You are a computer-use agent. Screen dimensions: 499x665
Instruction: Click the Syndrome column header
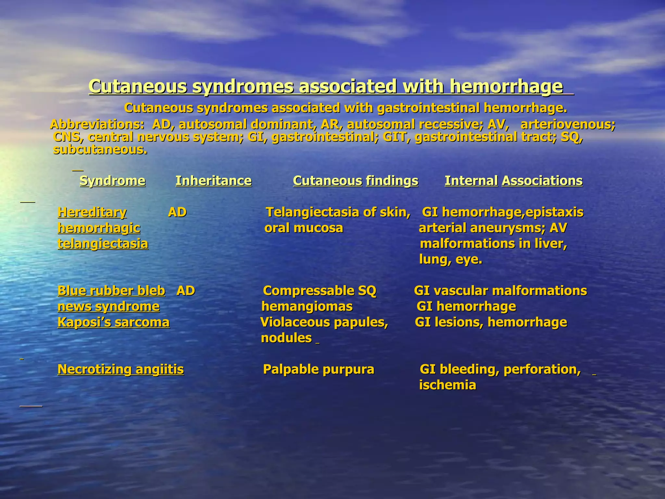coord(112,181)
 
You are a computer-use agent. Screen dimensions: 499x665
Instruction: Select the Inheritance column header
coord(213,181)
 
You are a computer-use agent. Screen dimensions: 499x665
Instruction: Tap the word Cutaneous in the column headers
coord(327,181)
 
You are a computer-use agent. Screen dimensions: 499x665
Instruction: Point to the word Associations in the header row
coord(542,181)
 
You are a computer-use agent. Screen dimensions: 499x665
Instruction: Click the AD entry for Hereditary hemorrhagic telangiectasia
coord(177,212)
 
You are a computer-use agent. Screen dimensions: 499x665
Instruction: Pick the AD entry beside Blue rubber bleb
coord(186,291)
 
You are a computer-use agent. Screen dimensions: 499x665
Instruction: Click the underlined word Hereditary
coord(92,212)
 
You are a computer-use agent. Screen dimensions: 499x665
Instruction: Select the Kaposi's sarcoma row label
coord(113,322)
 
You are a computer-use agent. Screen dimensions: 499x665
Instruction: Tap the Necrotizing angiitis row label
coord(120,369)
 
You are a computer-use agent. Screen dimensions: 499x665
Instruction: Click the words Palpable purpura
coord(318,369)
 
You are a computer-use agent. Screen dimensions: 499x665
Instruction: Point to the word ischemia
coord(447,385)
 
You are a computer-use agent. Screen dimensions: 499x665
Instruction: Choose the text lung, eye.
coord(451,260)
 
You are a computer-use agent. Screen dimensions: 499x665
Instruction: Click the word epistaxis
coord(554,212)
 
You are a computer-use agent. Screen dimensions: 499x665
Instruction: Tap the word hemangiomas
coord(307,306)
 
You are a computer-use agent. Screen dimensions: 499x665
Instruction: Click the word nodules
coord(286,338)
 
